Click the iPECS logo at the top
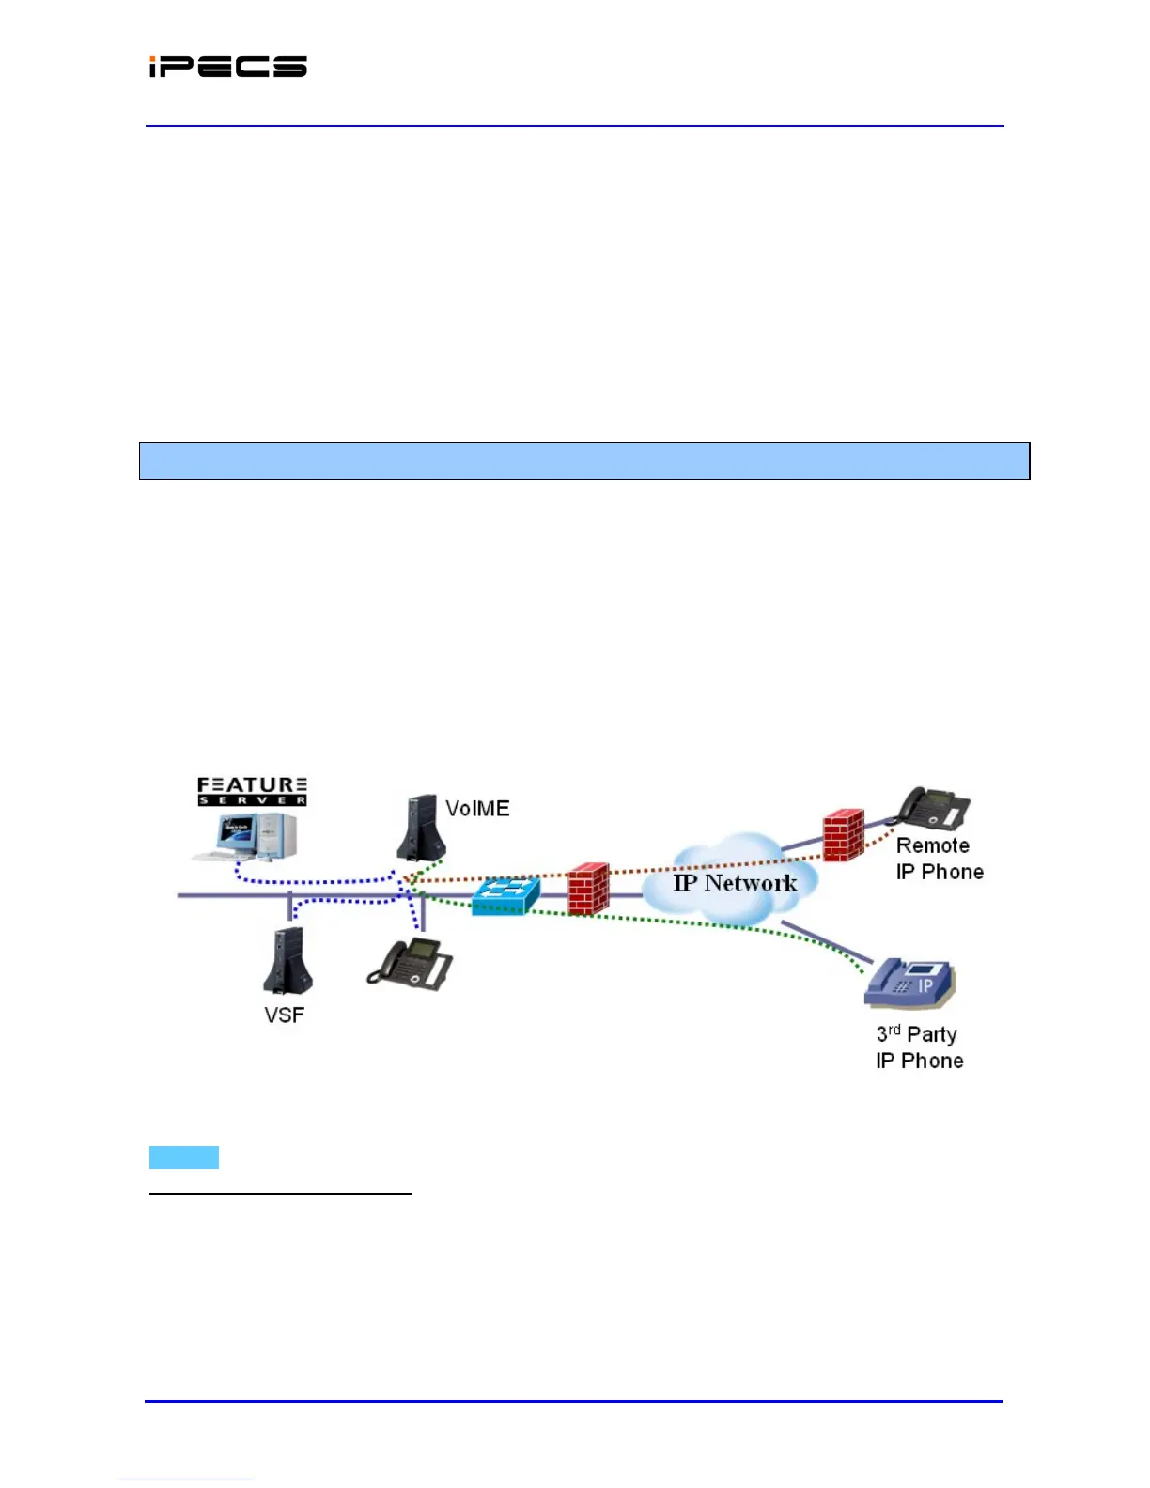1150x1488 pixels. point(227,67)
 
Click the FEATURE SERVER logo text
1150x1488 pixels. point(252,791)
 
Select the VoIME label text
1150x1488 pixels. point(477,809)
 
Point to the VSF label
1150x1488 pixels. point(284,1015)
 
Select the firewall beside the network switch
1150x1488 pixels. point(588,889)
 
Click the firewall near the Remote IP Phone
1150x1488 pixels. point(843,835)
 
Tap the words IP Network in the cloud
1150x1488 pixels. point(735,883)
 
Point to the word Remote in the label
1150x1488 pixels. point(932,845)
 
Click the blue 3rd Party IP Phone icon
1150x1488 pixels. point(909,984)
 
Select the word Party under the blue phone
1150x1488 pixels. point(932,1035)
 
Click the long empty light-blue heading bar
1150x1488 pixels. point(584,461)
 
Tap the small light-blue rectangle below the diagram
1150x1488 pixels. point(184,1157)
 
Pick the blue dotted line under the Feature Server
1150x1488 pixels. point(310,881)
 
